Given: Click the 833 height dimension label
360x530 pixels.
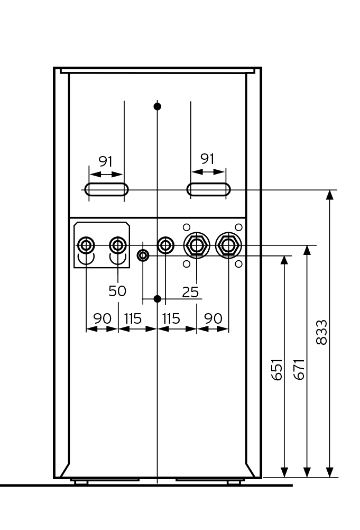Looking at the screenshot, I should (x=321, y=332).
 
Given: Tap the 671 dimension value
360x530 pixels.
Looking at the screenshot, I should (x=299, y=369).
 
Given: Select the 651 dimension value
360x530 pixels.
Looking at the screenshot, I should (x=277, y=369).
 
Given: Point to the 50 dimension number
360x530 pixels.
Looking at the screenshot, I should (x=117, y=290).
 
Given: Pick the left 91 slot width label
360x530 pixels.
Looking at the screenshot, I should (x=105, y=161).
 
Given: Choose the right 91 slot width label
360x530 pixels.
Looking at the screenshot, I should (x=208, y=159).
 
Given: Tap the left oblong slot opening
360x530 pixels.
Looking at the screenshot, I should (x=106, y=189).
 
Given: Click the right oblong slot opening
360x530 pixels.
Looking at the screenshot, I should (x=208, y=189).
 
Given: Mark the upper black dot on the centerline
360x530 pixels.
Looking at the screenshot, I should (x=157, y=106).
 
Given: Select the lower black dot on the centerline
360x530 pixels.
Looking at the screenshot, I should (x=157, y=299).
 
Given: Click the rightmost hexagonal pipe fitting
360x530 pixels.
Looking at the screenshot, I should (x=228, y=245).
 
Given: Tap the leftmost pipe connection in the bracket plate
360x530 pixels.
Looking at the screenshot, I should (x=86, y=245).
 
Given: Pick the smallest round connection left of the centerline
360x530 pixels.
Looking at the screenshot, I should (x=143, y=256).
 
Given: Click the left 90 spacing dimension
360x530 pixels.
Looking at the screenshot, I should (x=102, y=319).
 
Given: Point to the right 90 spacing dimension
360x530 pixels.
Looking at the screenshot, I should (x=213, y=319).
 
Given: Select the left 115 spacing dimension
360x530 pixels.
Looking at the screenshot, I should (x=133, y=319).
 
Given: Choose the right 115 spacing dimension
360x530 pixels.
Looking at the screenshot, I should (x=171, y=319).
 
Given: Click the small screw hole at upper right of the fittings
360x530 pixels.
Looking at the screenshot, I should (x=238, y=227).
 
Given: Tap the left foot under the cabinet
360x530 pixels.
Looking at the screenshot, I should (x=81, y=482).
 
